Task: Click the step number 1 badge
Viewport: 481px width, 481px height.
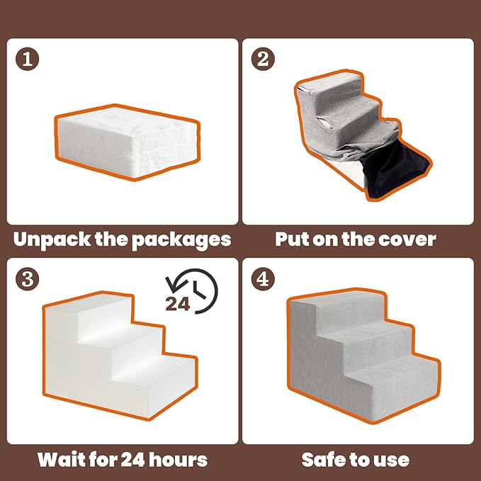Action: click(26, 58)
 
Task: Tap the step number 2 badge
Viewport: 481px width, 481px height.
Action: click(263, 58)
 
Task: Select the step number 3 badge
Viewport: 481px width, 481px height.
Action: click(26, 278)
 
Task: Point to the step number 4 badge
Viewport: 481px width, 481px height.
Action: click(263, 278)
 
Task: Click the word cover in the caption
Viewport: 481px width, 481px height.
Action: click(405, 239)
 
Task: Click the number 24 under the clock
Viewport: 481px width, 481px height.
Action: click(179, 303)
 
